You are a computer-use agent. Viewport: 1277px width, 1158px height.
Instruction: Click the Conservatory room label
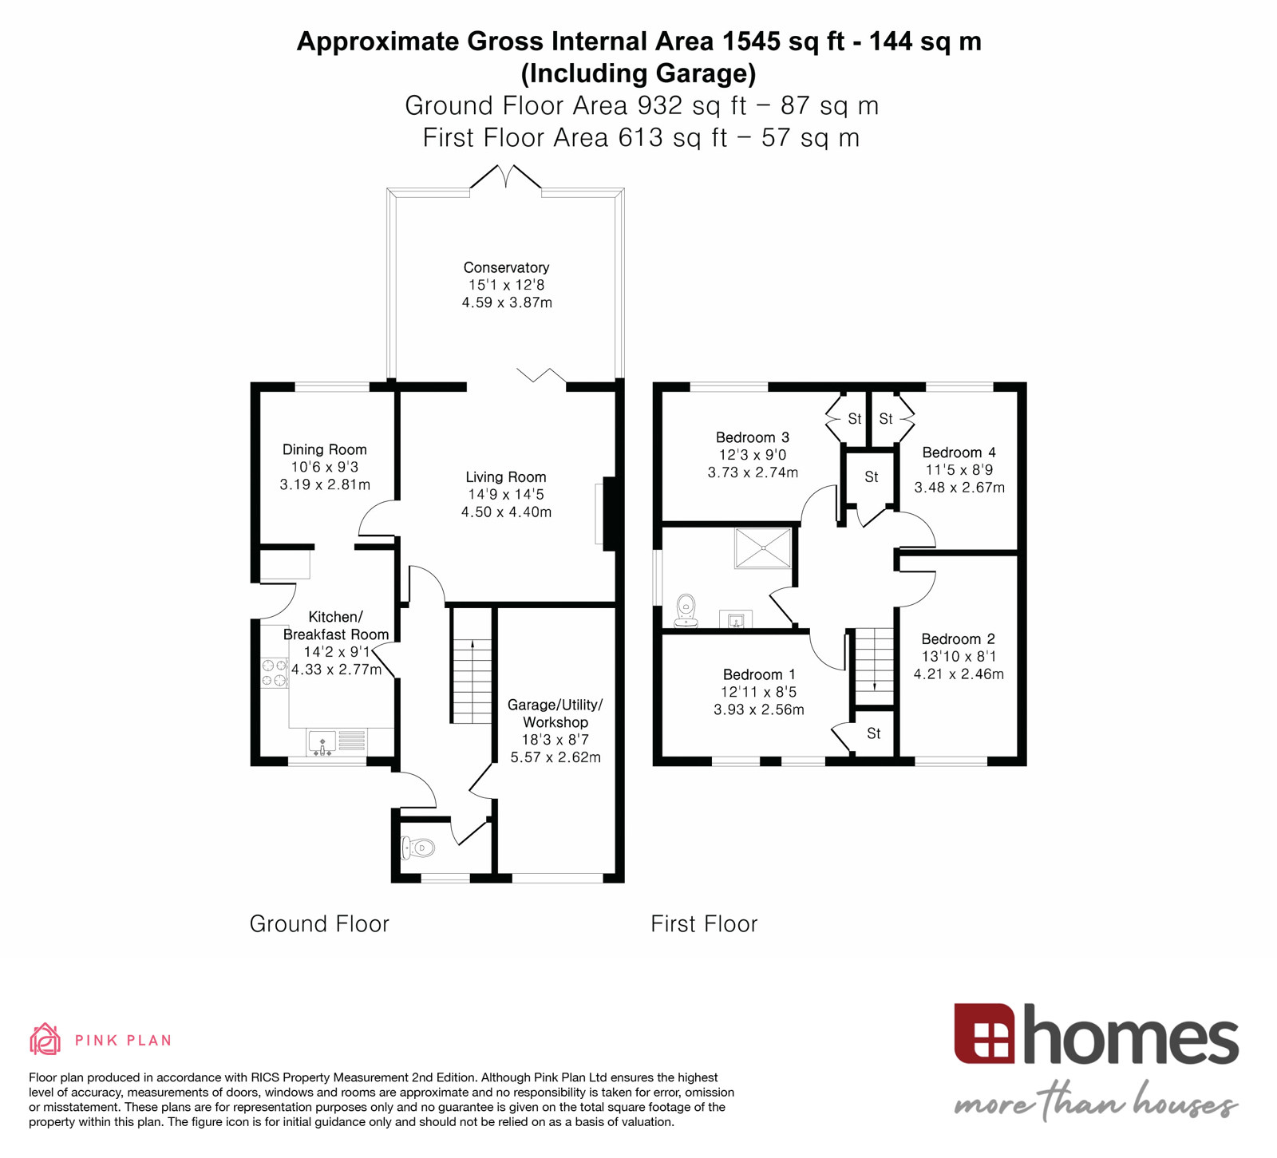(506, 267)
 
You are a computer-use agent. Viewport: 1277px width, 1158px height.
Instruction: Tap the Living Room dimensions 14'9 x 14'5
(506, 495)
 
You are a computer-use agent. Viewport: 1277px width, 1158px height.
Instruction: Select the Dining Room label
(324, 449)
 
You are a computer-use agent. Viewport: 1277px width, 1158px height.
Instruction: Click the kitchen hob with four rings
(274, 673)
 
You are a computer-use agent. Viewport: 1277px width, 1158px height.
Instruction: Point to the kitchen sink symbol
(322, 742)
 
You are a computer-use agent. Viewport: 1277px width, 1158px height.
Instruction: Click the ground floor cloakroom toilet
(418, 848)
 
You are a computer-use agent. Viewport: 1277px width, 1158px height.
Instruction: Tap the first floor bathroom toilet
(686, 610)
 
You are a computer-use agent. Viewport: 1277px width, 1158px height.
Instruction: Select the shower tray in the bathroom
(762, 547)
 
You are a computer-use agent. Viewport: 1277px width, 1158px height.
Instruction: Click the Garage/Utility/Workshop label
(555, 713)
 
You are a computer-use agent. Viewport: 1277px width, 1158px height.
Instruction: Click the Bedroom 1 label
(758, 674)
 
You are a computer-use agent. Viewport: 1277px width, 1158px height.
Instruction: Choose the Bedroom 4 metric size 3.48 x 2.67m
(959, 488)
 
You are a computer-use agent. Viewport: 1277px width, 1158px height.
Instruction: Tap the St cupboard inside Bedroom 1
(873, 733)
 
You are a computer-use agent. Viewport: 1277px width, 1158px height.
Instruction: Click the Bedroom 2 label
(958, 639)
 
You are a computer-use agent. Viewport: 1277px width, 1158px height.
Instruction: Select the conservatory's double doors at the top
(505, 177)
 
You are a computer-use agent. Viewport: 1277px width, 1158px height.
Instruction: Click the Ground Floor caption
(319, 924)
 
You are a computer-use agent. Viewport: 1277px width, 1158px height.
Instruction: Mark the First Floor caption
(704, 924)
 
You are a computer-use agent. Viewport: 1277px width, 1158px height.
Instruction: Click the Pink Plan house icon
(45, 1039)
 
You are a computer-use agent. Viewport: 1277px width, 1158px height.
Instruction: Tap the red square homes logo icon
(984, 1034)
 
